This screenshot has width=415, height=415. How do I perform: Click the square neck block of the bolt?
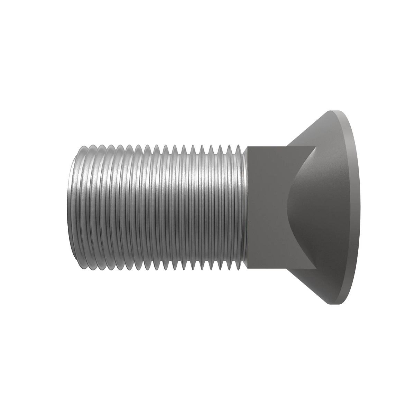coord(266,207)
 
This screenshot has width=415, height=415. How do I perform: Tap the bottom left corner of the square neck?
coord(247,269)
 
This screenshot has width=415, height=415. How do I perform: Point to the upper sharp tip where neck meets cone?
coord(316,147)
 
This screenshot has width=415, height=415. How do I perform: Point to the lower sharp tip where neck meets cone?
coord(316,269)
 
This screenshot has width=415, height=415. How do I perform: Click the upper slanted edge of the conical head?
coord(308,128)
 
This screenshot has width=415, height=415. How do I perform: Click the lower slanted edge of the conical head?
coord(308,287)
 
